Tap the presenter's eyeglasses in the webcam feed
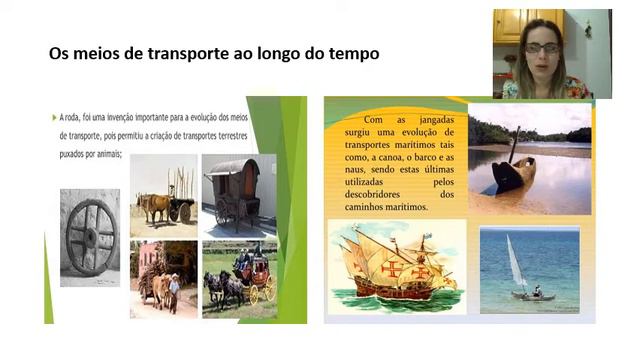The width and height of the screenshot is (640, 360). pos(541,47)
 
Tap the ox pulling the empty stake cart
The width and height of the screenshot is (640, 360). pos(153,206)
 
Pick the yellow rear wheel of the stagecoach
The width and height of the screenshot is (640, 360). pos(267,292)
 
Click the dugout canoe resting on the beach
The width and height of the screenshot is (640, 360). pos(513,177)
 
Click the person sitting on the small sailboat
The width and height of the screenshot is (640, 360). pos(537,290)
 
